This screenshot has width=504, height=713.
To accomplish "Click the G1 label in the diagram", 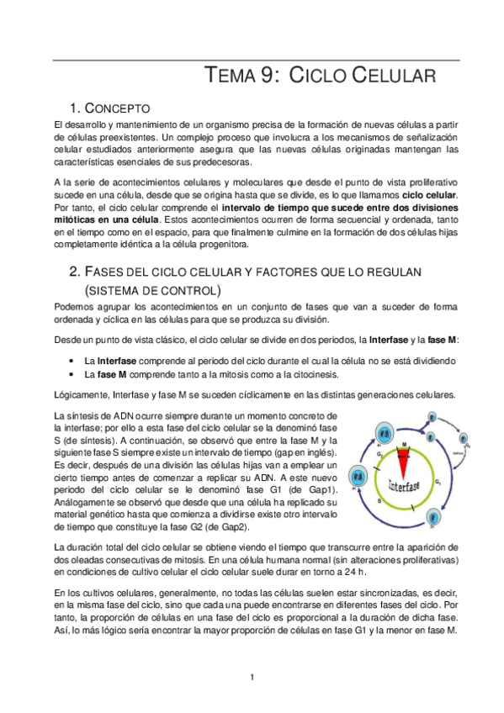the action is (x=441, y=481).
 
